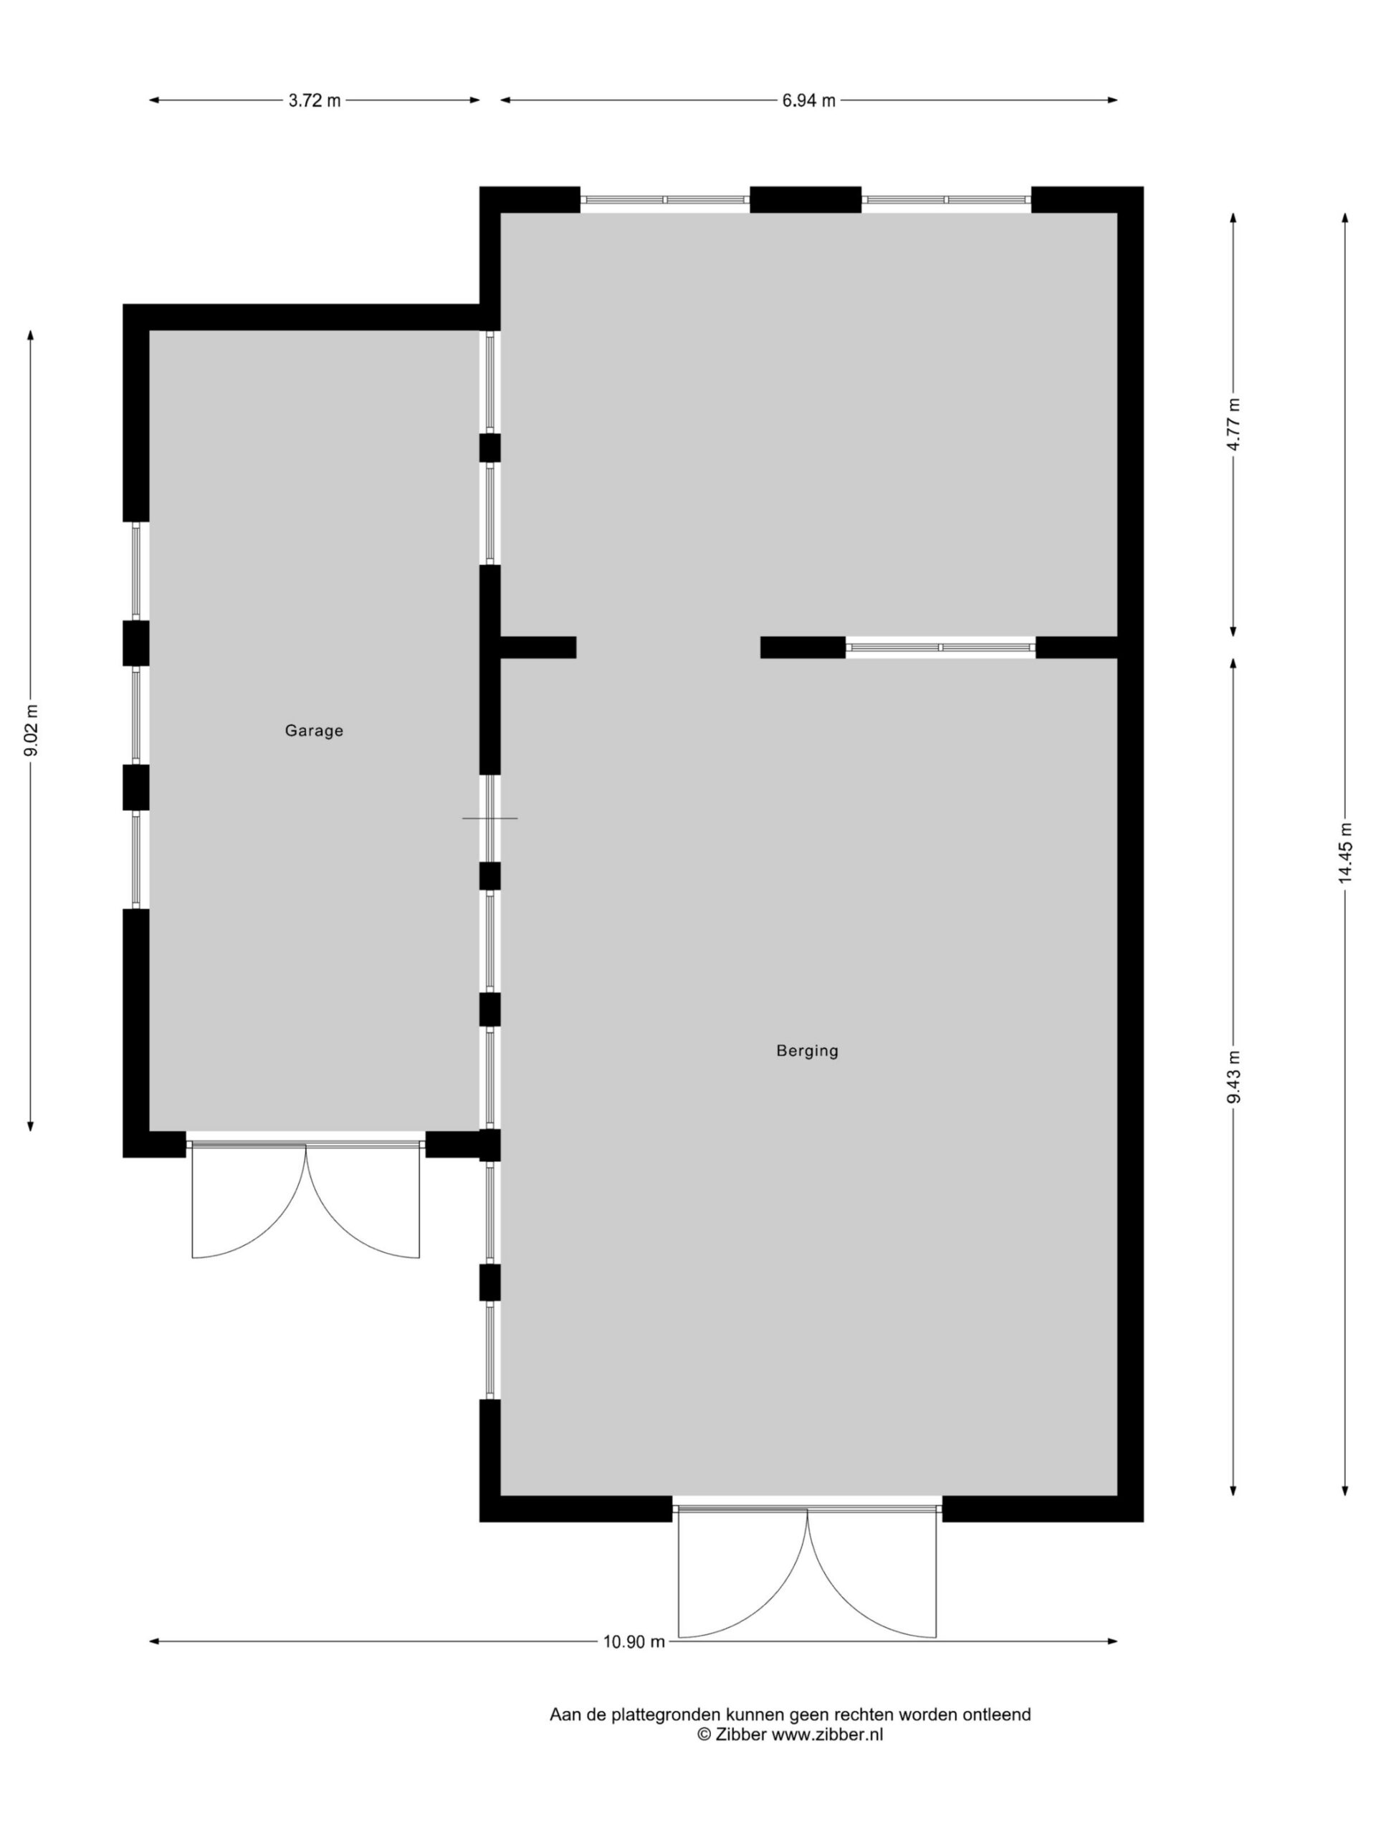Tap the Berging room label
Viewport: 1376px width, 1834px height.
[807, 1051]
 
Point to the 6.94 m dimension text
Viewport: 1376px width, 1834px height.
[808, 100]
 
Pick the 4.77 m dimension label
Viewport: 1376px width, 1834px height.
[1233, 423]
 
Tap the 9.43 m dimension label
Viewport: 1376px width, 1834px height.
[1233, 1076]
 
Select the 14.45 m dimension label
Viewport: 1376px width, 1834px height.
[1344, 853]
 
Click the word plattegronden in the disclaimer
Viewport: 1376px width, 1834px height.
[665, 1714]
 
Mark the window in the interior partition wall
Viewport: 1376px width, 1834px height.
[940, 647]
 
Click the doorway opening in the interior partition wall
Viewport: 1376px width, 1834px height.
[668, 647]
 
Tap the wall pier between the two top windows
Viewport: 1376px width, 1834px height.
[806, 200]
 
